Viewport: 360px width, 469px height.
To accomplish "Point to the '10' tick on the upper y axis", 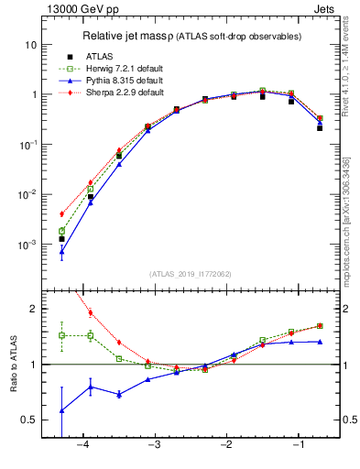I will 30,45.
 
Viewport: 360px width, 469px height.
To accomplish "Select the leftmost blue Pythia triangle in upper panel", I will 61,251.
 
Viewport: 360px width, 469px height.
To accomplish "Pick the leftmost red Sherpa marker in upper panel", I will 61,214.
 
